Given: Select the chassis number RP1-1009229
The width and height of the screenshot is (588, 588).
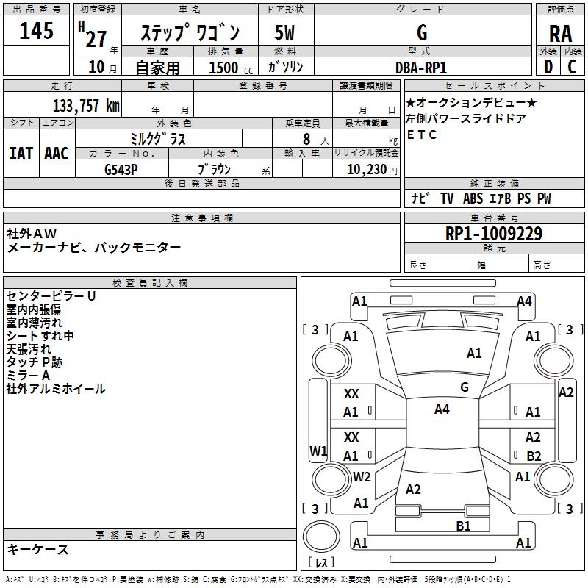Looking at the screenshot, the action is pos(494,234).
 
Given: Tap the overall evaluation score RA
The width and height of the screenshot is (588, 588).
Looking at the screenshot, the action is pos(560,33).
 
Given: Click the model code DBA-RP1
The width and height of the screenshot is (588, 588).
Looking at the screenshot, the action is pos(421,68).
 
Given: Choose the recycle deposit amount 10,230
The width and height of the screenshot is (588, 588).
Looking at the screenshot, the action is pos(365,169).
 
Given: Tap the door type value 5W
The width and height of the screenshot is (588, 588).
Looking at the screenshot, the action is pos(284,33).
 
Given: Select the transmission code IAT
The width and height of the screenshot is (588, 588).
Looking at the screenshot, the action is pos(21,154).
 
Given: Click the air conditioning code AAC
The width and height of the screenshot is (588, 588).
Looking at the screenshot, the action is pos(57,154).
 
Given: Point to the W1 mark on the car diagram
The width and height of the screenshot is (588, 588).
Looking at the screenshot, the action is pos(318,451).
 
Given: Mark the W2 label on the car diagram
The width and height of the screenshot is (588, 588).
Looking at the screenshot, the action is pos(362,476).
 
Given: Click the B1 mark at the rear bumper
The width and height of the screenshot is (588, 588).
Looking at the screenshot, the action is pos(463,526).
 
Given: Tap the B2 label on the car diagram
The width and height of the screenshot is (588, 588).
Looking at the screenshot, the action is pos(534,456).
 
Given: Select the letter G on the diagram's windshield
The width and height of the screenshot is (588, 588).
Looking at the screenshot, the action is pos(465,387).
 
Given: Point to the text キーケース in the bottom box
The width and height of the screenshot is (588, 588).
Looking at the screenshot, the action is pos(37,550).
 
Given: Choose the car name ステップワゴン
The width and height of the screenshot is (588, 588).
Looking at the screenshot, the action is pos(190,33).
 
